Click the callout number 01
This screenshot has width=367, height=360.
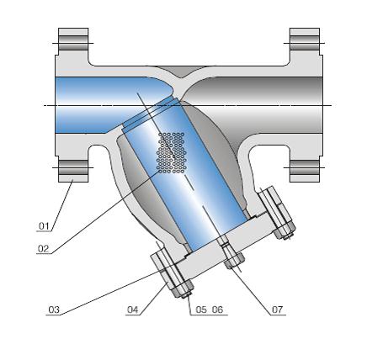pyautogui.click(x=44, y=226)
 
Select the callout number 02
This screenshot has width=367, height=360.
pyautogui.click(x=44, y=250)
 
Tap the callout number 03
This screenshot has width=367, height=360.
pyautogui.click(x=54, y=310)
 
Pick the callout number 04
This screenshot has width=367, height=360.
pyautogui.click(x=132, y=310)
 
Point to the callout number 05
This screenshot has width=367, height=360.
pyautogui.click(x=201, y=310)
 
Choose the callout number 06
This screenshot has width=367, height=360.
pyautogui.click(x=218, y=310)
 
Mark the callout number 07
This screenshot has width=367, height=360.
pyautogui.click(x=277, y=310)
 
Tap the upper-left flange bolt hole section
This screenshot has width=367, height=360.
pyautogui.click(x=72, y=43)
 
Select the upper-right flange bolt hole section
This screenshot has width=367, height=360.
pyautogui.click(x=304, y=43)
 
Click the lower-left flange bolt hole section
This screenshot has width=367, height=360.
pyautogui.click(x=72, y=167)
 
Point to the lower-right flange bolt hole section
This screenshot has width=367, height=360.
pyautogui.click(x=304, y=167)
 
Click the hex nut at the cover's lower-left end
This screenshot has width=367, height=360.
pyautogui.click(x=179, y=291)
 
